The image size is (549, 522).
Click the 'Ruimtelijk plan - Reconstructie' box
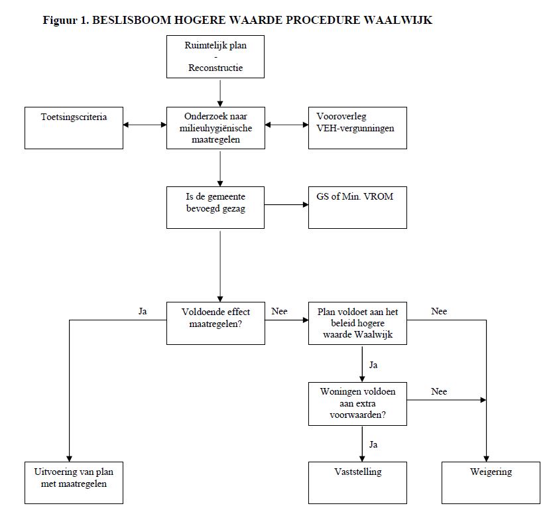pos(215,56)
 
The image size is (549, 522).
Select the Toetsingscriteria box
pos(74,128)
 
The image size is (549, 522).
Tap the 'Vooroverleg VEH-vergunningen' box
pos(357,128)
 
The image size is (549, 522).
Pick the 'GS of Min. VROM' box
pos(357,208)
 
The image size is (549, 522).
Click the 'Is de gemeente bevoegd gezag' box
pos(215,208)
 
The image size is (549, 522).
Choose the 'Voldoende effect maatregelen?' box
pos(215,324)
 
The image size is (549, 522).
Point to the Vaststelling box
pos(357,483)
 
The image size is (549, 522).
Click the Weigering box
pos(491,483)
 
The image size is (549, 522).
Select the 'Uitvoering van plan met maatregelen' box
pos(74,483)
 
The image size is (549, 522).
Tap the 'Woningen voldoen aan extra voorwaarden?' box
pos(357,404)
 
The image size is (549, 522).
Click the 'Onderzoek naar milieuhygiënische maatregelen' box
pos(215,128)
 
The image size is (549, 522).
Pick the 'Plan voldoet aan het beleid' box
pos(357,324)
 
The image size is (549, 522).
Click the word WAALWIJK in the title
pos(398,20)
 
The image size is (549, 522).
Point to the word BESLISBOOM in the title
pos(132,20)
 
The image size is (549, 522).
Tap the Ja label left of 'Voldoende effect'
pos(143,311)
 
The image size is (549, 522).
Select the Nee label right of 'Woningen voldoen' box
pos(439,391)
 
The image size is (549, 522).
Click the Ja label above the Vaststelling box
pos(373,444)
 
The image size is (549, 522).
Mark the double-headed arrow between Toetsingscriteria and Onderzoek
pos(145,125)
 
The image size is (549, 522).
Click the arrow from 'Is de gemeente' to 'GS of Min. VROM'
pos(286,204)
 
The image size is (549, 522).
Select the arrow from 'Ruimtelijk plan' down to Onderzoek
pos(220,92)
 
